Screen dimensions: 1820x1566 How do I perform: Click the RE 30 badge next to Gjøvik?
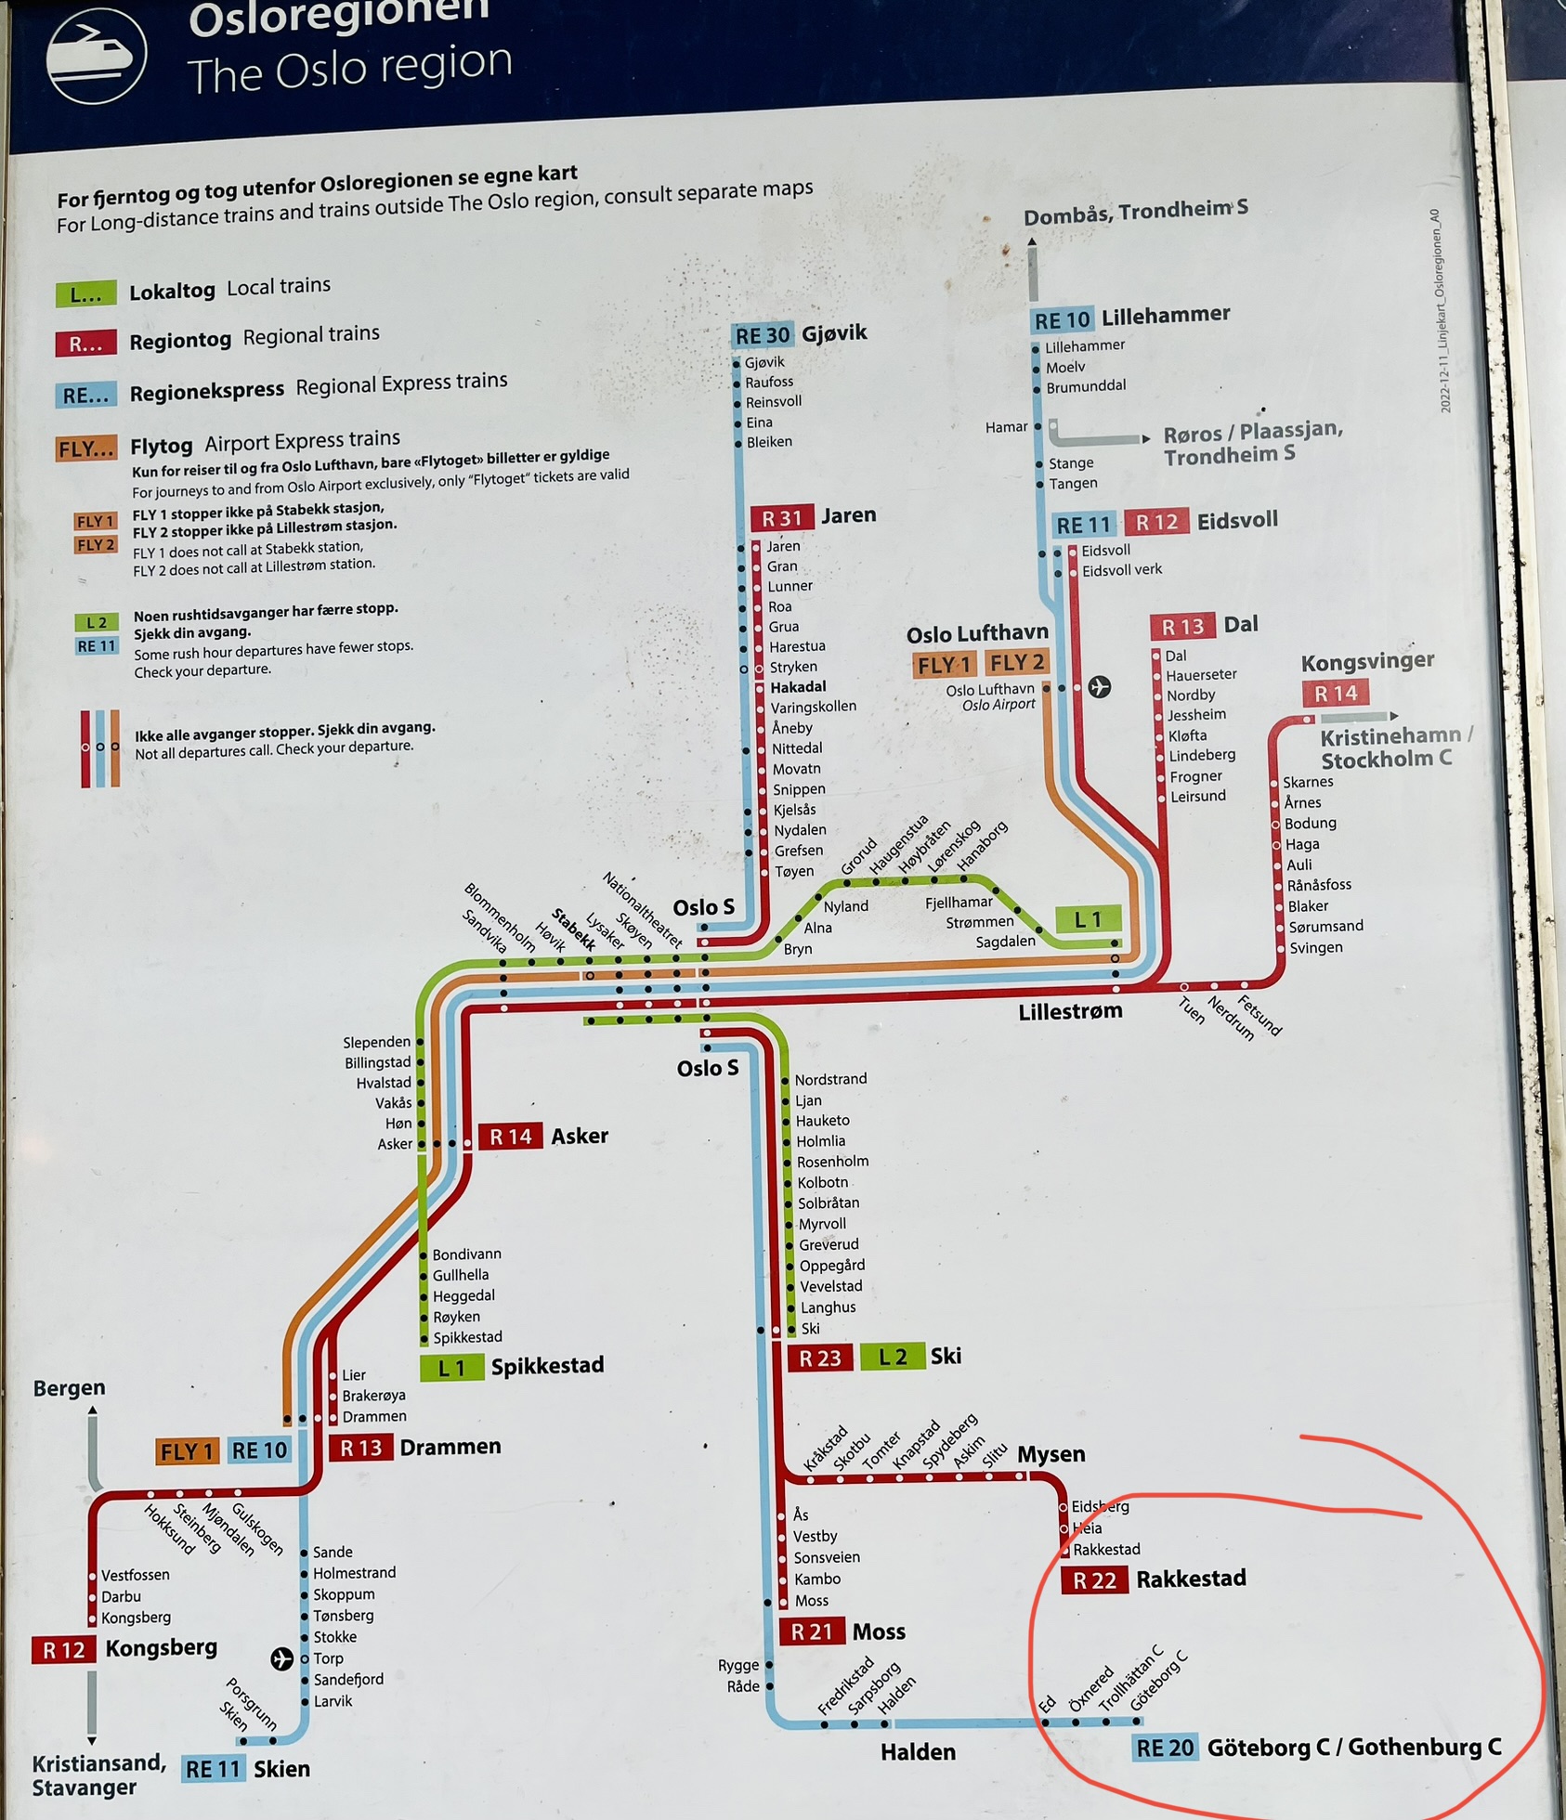(x=762, y=335)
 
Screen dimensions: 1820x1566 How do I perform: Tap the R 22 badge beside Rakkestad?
(x=1094, y=1580)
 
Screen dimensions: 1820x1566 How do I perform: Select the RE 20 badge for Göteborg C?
(x=1165, y=1748)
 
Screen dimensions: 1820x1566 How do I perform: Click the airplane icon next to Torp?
(x=281, y=1658)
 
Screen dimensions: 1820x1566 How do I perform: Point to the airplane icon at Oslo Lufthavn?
(x=1099, y=686)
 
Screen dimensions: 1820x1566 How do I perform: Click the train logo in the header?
(x=96, y=55)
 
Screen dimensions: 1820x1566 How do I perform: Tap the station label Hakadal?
(x=797, y=686)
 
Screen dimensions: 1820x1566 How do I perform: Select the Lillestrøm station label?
(x=1070, y=1011)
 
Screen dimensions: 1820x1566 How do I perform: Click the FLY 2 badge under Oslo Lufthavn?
(x=1016, y=663)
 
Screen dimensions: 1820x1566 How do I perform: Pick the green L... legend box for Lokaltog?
(x=85, y=294)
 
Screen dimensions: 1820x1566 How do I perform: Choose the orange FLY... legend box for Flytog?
(x=85, y=449)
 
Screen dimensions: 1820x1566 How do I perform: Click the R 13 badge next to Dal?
(x=1182, y=627)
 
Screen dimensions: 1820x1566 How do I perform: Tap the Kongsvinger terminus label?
(x=1366, y=662)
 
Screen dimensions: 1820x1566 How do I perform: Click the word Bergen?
(x=69, y=1387)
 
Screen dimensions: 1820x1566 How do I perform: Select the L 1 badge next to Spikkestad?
(x=451, y=1368)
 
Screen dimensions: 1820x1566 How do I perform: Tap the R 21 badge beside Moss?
(x=811, y=1631)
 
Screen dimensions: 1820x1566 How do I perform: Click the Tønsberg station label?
(x=344, y=1615)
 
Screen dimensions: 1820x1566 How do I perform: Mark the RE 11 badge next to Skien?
(x=213, y=1769)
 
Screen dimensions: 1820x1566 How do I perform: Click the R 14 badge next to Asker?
(x=510, y=1137)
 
